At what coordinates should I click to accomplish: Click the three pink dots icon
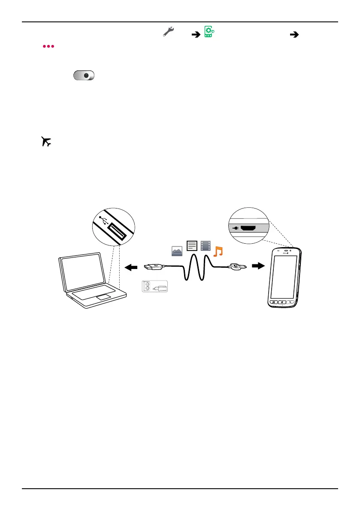(48, 45)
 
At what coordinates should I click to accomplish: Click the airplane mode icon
(46, 142)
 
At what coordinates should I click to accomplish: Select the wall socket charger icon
(154, 287)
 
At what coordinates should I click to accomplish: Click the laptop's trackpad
(103, 297)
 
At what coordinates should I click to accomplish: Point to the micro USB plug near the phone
(237, 266)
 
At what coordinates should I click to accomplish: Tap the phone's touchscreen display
(284, 277)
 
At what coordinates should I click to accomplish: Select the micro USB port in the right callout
(249, 228)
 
